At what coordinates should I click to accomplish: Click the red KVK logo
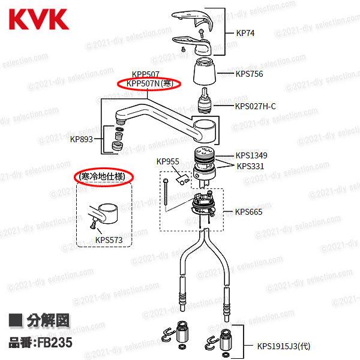click(38, 17)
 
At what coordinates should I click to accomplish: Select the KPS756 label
click(249, 74)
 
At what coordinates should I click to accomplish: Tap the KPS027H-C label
click(255, 107)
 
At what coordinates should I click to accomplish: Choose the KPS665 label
click(248, 212)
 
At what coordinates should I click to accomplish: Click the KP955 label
click(168, 161)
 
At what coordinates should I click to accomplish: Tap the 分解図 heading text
click(47, 322)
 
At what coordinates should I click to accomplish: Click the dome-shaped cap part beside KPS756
click(205, 75)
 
